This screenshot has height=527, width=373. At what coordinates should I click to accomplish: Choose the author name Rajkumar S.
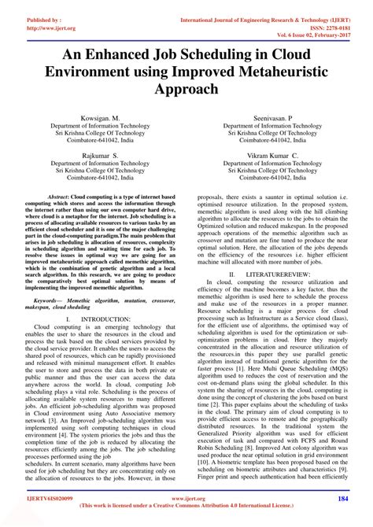[93, 156]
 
